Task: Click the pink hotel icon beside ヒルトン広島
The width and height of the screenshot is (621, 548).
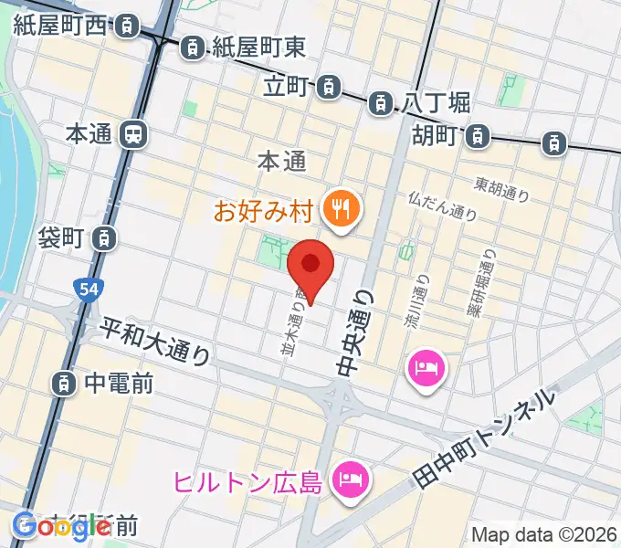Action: (350, 476)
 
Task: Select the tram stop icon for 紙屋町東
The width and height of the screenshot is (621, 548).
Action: (194, 46)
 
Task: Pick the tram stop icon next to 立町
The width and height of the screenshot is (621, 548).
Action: (328, 88)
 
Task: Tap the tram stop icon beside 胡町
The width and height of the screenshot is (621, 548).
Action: (477, 137)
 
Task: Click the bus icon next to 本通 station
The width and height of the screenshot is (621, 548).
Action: (133, 135)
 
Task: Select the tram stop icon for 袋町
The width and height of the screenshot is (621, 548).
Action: (106, 238)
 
